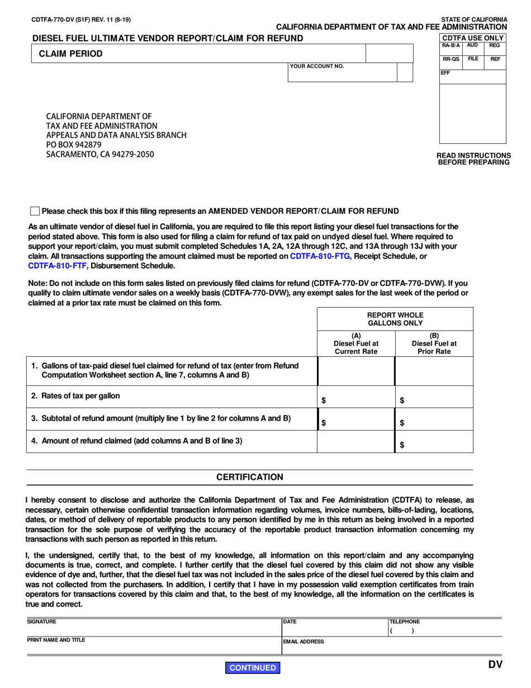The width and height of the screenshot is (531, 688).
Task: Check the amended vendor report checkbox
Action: tap(35, 211)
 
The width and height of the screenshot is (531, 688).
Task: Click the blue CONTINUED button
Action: tap(253, 668)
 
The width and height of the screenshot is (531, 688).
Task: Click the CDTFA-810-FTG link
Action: tap(320, 256)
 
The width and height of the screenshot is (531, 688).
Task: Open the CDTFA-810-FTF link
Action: tap(59, 266)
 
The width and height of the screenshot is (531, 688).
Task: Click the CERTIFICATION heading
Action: tap(250, 477)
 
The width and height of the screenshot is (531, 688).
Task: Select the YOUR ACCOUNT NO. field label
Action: tap(316, 67)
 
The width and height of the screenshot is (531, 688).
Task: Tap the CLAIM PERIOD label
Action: tap(70, 54)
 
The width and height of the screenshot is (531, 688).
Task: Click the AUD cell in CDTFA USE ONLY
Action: tap(472, 45)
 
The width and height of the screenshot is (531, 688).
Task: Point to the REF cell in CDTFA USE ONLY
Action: tap(495, 59)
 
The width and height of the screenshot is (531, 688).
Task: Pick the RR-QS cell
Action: tap(451, 59)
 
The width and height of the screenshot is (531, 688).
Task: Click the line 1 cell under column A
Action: tap(356, 371)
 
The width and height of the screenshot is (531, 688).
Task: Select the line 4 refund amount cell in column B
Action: tap(434, 442)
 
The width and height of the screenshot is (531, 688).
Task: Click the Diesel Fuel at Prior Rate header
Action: tap(434, 344)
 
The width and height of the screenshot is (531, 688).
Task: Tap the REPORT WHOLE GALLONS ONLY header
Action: tap(395, 319)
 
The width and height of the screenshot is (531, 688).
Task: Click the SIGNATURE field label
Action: tap(42, 621)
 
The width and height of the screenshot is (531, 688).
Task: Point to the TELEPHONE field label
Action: tap(405, 621)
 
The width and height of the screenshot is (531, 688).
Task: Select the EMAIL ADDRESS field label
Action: tap(304, 642)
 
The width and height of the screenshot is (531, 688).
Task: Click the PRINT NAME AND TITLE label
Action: tap(56, 640)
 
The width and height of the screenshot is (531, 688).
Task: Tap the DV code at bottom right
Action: tap(495, 665)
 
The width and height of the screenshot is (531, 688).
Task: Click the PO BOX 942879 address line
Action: tap(74, 145)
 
